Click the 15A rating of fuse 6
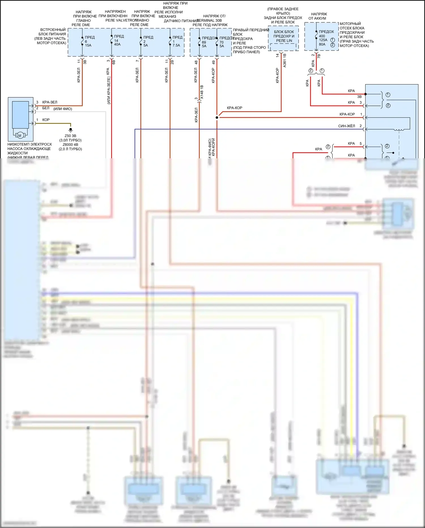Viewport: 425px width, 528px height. pyautogui.click(x=88, y=45)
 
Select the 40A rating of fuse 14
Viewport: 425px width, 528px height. pyautogui.click(x=117, y=45)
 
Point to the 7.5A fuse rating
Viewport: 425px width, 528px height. pyautogui.click(x=176, y=45)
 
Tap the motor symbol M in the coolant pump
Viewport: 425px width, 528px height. pyautogui.click(x=20, y=136)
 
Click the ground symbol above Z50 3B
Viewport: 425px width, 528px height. pyautogui.click(x=71, y=130)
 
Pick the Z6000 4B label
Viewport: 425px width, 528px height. pyautogui.click(x=70, y=145)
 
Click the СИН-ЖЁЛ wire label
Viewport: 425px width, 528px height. pyautogui.click(x=347, y=126)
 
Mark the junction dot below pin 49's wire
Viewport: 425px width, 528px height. pyautogui.click(x=217, y=117)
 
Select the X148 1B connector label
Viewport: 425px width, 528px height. pyautogui.click(x=202, y=92)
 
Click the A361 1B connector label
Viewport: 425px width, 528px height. pyautogui.click(x=285, y=60)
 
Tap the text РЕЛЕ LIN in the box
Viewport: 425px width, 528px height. pyautogui.click(x=284, y=41)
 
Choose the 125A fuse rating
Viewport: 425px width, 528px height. pyautogui.click(x=323, y=40)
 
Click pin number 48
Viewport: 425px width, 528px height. pyautogui.click(x=196, y=62)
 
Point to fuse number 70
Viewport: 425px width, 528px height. pyautogui.click(x=222, y=42)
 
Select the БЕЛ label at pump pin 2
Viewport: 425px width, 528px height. pyautogui.click(x=46, y=108)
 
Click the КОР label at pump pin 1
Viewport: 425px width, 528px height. pyautogui.click(x=46, y=120)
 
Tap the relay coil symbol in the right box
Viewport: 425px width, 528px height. pyautogui.click(x=399, y=130)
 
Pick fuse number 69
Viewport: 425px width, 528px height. pyautogui.click(x=204, y=42)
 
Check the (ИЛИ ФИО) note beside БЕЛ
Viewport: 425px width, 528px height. pyautogui.click(x=63, y=109)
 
